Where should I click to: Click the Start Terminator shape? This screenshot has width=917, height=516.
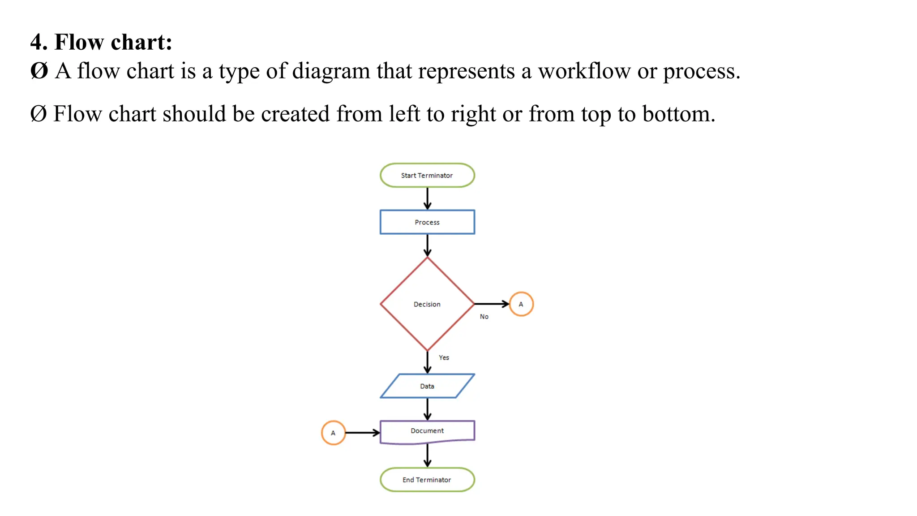pos(427,175)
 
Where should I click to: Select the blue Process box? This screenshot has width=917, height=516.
pos(427,222)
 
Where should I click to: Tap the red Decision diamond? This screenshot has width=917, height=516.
pos(427,304)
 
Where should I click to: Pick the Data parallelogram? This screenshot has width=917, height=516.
pos(427,386)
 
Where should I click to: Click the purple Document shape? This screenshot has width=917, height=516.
pos(427,431)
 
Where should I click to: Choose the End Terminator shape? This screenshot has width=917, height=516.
pos(427,480)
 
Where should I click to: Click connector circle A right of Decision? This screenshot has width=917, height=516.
pos(521,304)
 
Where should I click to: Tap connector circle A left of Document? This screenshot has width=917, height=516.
pos(333,433)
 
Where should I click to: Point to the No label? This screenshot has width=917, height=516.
pos(484,317)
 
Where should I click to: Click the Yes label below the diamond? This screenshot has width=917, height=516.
pos(444,357)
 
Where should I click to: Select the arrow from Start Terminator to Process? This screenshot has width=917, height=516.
pos(428,198)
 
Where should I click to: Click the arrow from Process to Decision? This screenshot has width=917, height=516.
pos(428,245)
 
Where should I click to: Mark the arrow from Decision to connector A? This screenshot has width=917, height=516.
pos(492,304)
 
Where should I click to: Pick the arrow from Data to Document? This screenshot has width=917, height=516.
pos(428,409)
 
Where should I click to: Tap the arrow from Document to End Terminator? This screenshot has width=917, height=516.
pos(428,456)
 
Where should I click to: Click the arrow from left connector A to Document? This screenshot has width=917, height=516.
pos(363,433)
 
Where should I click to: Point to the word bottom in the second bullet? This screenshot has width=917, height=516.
pos(678,114)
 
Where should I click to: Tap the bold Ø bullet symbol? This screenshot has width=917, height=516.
pos(39,71)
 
